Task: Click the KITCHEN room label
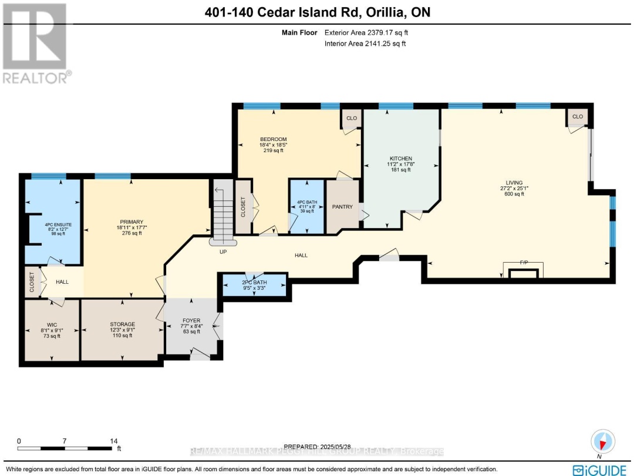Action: (401, 159)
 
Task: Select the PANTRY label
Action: (342, 207)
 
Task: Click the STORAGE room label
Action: (122, 324)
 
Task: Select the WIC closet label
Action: (51, 324)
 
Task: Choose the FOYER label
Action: (191, 321)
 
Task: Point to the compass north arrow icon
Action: (603, 441)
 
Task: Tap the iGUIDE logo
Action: (601, 469)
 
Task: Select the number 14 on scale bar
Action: (114, 441)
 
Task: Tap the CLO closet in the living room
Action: (578, 117)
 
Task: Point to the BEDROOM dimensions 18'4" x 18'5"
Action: (273, 145)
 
